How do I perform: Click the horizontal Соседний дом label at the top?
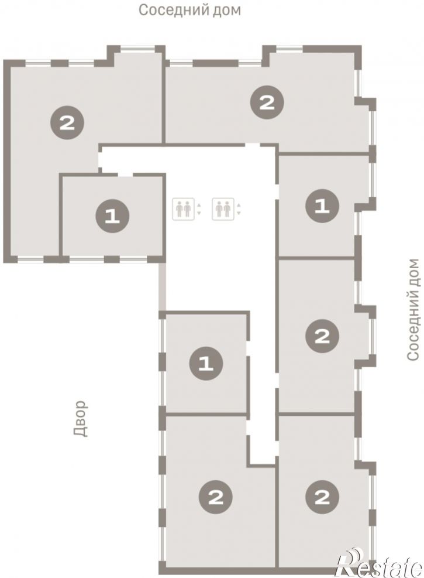pyautogui.click(x=189, y=11)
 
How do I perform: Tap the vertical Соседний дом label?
pyautogui.click(x=413, y=309)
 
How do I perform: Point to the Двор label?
pyautogui.click(x=81, y=419)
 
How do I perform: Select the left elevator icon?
pyautogui.click(x=183, y=209)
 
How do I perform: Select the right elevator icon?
pyautogui.click(x=223, y=209)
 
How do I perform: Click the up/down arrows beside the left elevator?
pyautogui.click(x=199, y=209)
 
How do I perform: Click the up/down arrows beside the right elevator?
pyautogui.click(x=239, y=209)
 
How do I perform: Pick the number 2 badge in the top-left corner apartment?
pyautogui.click(x=67, y=122)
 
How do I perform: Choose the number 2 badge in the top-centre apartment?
pyautogui.click(x=267, y=102)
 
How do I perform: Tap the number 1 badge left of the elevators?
pyautogui.click(x=112, y=216)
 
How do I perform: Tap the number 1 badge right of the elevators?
pyautogui.click(x=322, y=206)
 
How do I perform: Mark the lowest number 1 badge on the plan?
pyautogui.click(x=206, y=364)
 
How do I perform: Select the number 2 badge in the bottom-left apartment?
pyautogui.click(x=216, y=498)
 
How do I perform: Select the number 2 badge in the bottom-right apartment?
pyautogui.click(x=322, y=498)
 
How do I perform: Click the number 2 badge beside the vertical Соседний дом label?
pyautogui.click(x=322, y=336)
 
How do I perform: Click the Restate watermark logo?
pyautogui.click(x=379, y=563)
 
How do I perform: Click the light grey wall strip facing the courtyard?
pyautogui.click(x=163, y=286)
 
